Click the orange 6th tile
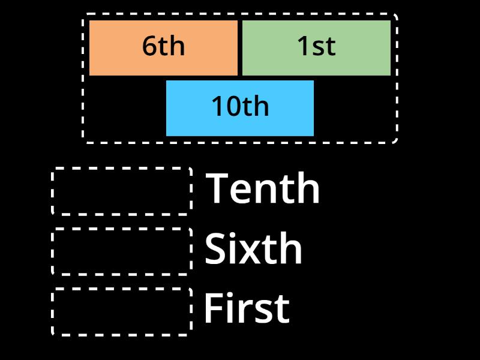[163, 48]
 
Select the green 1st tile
[316, 48]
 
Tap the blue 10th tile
[240, 108]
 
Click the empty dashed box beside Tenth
[122, 191]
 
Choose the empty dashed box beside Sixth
[122, 251]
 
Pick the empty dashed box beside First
[122, 311]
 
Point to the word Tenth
[263, 189]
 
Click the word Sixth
[253, 249]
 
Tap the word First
[247, 309]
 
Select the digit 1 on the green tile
[304, 47]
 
